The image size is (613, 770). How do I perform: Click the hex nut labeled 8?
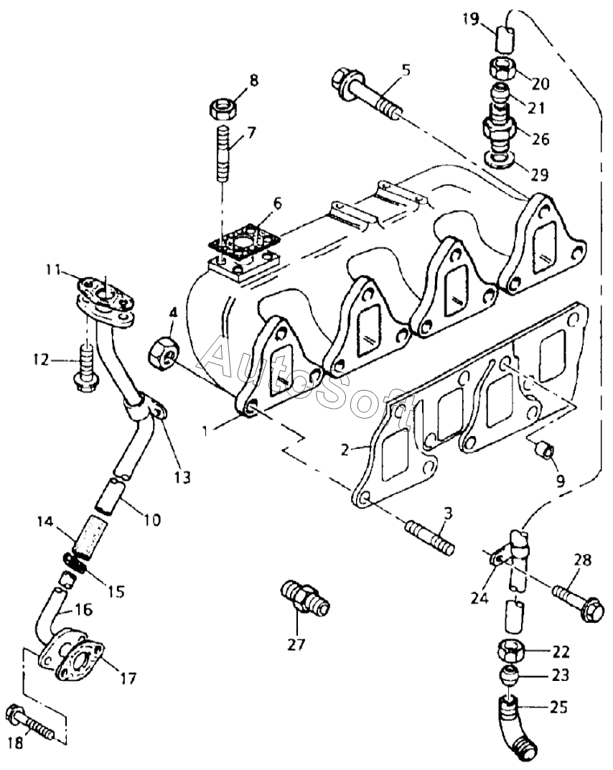point(223,108)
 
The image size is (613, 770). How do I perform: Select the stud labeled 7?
point(224,153)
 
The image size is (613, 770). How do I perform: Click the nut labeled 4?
point(164,352)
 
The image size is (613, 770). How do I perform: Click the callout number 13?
point(182,476)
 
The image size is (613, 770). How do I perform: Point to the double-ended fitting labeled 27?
point(305,596)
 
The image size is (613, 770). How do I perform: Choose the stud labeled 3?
point(429,539)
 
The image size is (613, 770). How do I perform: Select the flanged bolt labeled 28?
point(577,602)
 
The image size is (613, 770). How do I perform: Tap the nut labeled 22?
point(512,652)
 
